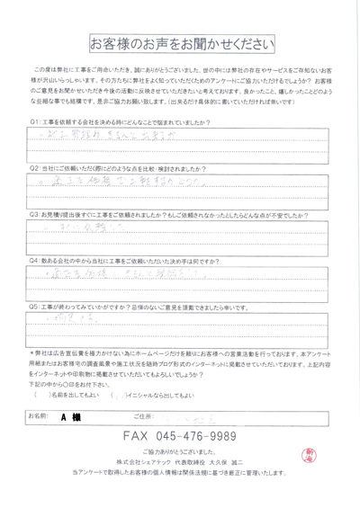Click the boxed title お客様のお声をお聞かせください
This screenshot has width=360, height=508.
(x=180, y=44)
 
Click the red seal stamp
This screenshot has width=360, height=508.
(x=329, y=456)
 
